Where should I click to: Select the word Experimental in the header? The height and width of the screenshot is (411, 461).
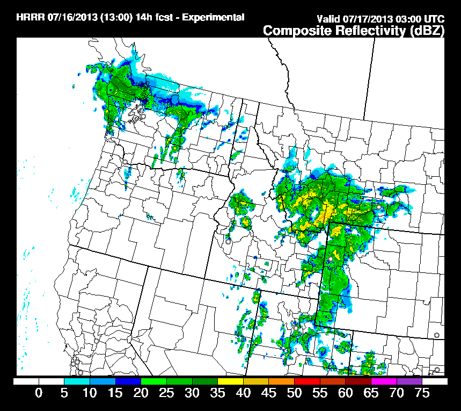(214, 17)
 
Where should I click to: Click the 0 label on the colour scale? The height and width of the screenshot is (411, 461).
(39, 393)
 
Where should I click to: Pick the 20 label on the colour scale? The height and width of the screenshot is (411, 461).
(141, 393)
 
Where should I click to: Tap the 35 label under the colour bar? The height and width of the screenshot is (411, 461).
(217, 393)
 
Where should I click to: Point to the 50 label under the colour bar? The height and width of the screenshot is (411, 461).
(294, 393)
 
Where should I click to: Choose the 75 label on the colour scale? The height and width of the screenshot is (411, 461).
(422, 393)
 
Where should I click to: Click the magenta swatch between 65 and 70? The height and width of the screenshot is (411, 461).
(384, 381)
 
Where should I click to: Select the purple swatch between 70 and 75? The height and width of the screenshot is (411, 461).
(409, 381)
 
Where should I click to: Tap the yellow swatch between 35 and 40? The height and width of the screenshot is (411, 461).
(230, 381)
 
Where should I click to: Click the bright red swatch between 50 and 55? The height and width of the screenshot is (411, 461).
(307, 381)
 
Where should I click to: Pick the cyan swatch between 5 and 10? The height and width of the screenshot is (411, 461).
(77, 381)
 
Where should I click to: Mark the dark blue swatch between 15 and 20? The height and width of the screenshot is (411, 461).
(128, 381)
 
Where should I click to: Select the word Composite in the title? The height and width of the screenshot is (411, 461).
(297, 31)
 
